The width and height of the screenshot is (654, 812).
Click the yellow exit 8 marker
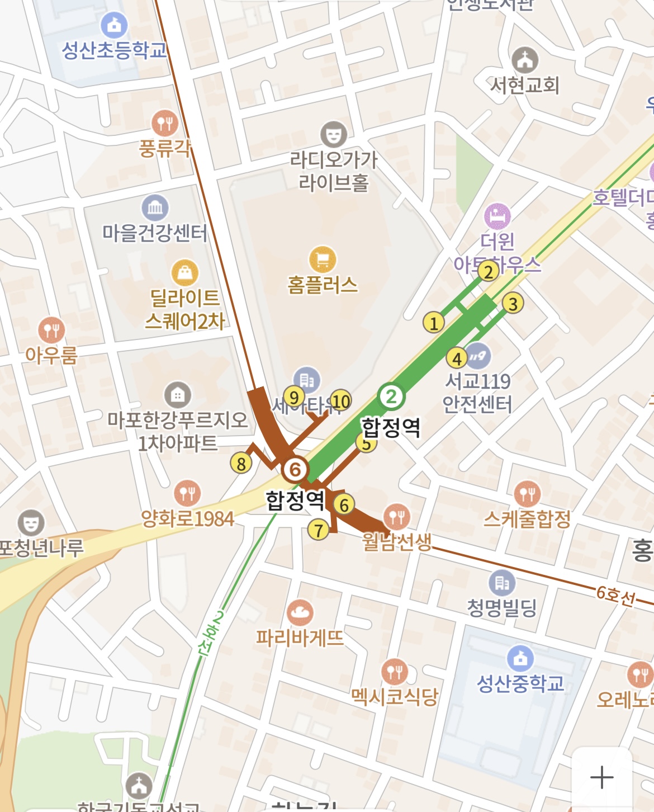241,464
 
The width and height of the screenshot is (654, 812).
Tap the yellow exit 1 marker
433,323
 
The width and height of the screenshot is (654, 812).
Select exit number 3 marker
513,303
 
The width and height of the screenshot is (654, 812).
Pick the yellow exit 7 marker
319,530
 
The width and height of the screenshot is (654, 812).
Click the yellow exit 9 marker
293,397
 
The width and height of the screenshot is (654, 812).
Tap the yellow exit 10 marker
340,401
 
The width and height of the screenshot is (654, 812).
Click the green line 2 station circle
391,396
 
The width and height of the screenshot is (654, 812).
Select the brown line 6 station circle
295,470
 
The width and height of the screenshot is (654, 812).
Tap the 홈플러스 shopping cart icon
323,259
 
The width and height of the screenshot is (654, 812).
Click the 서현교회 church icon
525,59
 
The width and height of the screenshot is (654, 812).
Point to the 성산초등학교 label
115,50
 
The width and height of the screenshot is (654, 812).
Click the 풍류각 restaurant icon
165,122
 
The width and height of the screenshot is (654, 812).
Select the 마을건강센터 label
155,232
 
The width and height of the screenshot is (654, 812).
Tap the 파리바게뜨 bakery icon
300,613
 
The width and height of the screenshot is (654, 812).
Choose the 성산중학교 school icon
520,658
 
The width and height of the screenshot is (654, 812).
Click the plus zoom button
601,777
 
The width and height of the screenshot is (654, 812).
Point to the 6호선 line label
615,596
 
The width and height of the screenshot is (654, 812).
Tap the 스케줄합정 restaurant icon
527,494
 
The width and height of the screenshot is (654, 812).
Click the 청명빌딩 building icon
502,583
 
